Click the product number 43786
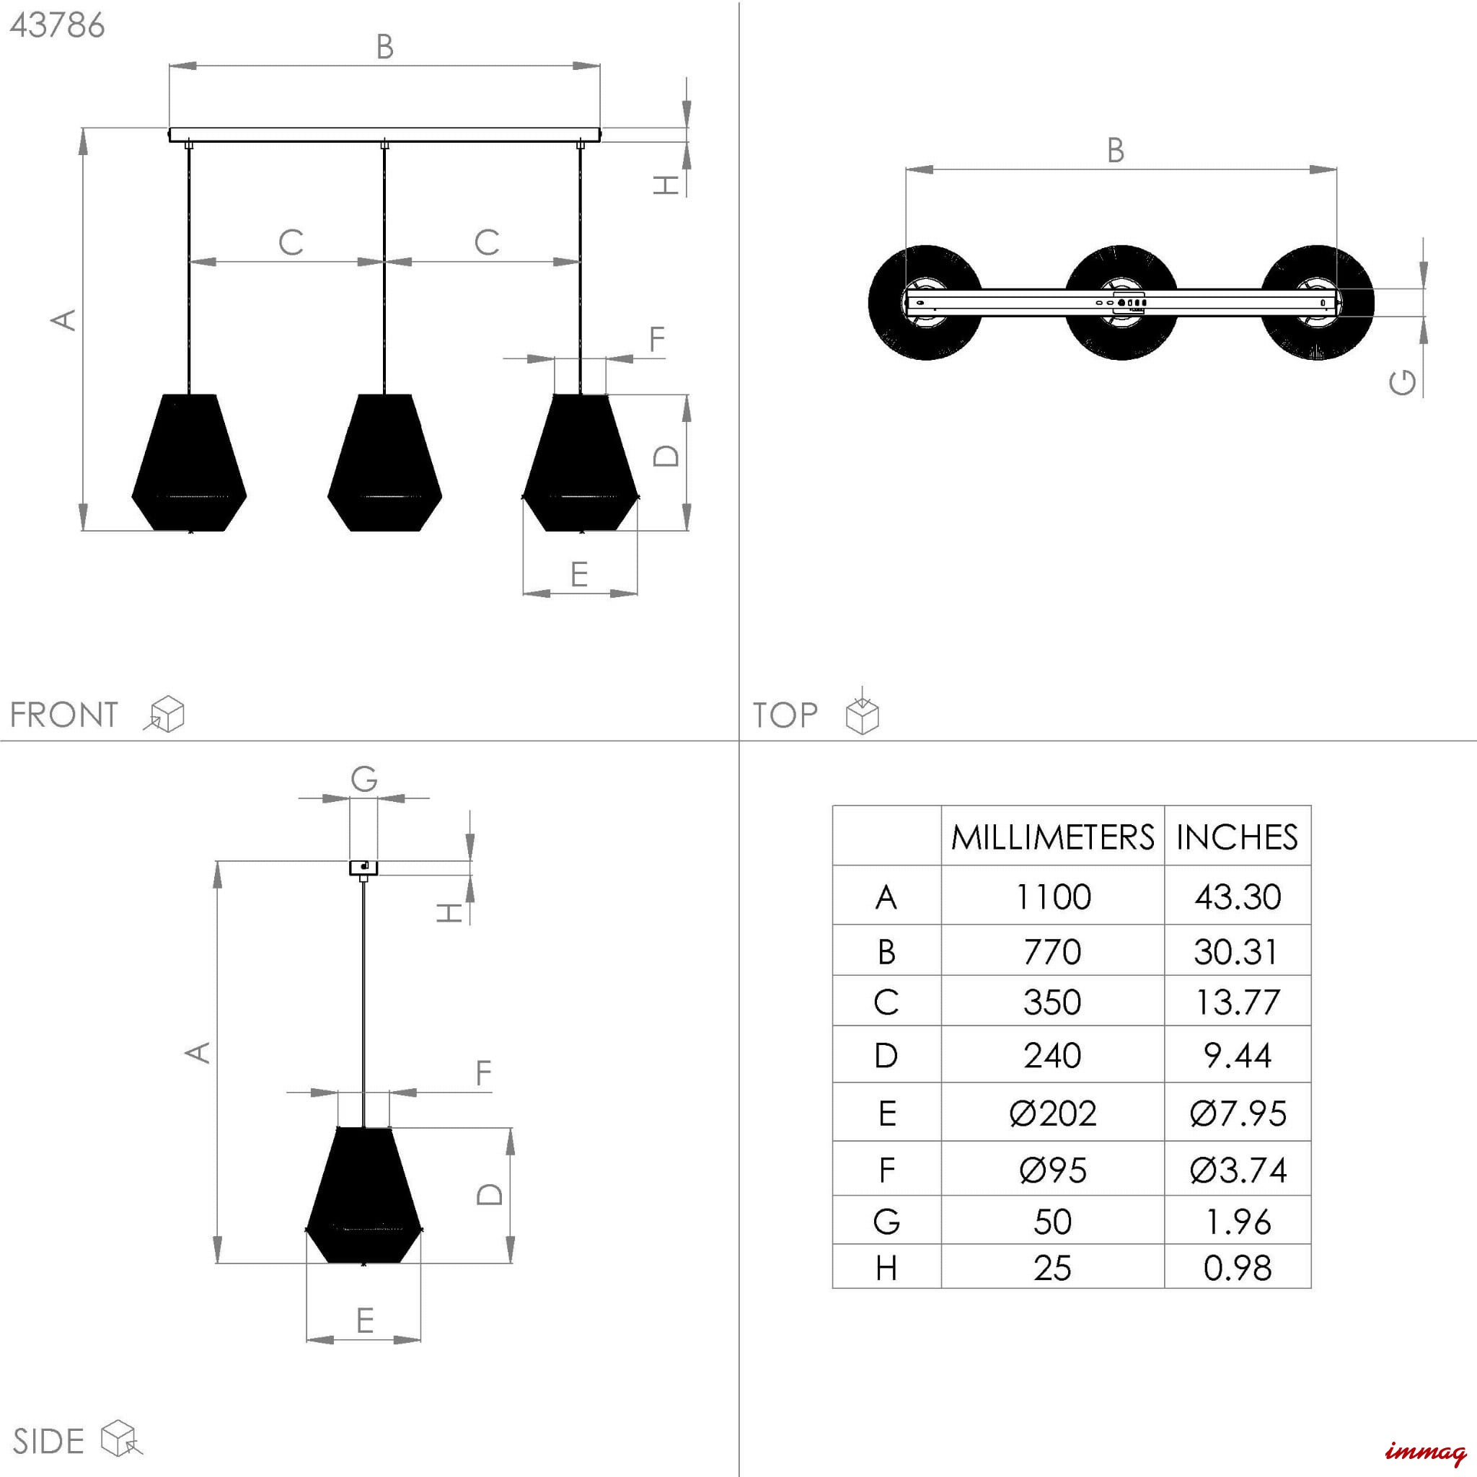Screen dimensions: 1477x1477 58,25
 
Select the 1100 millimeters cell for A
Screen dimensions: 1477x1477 1053,896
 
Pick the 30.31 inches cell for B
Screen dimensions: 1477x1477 1237,952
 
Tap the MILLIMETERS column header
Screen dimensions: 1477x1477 1053,837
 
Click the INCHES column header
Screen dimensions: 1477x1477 1237,837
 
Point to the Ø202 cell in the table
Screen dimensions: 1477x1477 1053,1113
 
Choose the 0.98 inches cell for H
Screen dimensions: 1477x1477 1237,1268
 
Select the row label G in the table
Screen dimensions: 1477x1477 886,1221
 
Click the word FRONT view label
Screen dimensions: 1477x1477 64,715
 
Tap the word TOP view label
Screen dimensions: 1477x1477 785,715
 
